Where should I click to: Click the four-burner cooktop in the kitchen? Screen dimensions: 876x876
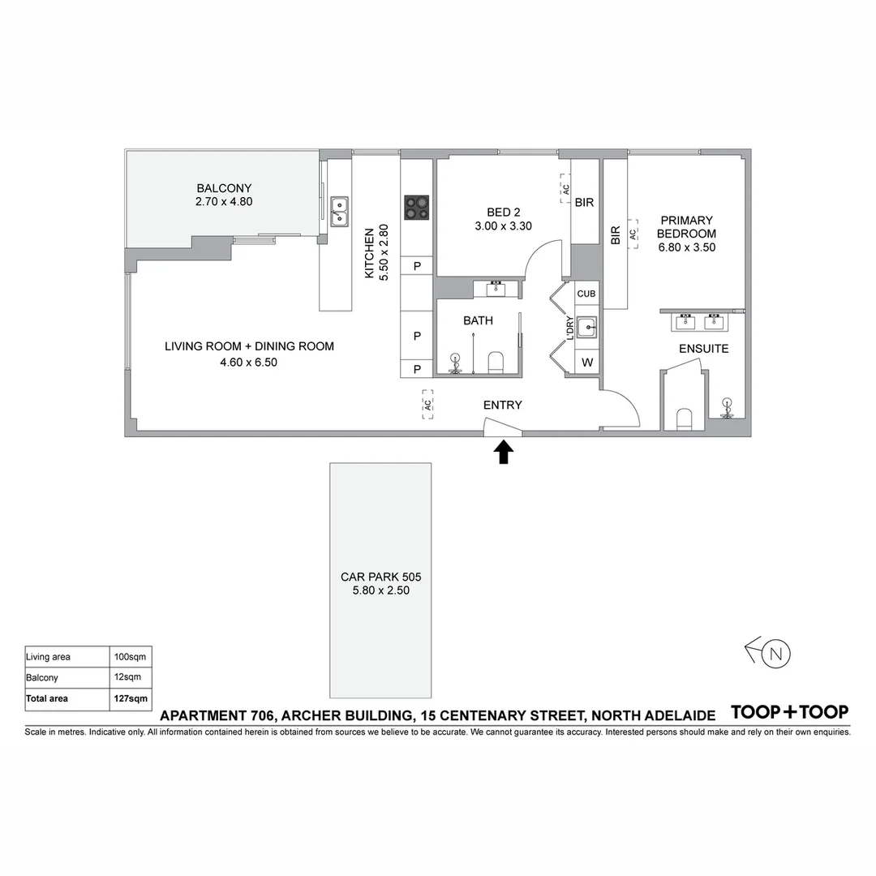(417, 207)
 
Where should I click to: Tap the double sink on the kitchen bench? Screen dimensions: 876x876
(339, 210)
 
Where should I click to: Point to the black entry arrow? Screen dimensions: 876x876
(503, 451)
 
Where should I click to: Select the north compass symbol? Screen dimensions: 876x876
(775, 653)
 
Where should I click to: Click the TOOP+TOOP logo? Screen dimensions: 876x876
(789, 712)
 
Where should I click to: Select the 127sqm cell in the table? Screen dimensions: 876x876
(131, 698)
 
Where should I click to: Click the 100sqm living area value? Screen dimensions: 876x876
(131, 656)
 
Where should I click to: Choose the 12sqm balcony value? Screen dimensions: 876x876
(128, 677)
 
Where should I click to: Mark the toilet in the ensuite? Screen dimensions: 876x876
(684, 419)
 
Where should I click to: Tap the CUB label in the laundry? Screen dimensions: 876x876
(586, 294)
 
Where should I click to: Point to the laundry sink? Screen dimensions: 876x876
(586, 326)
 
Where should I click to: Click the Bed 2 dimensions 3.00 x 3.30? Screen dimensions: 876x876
(503, 226)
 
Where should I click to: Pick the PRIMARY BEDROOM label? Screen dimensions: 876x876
(686, 226)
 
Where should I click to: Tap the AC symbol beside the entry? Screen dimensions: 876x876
(427, 404)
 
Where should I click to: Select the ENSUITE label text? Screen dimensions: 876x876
(703, 349)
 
